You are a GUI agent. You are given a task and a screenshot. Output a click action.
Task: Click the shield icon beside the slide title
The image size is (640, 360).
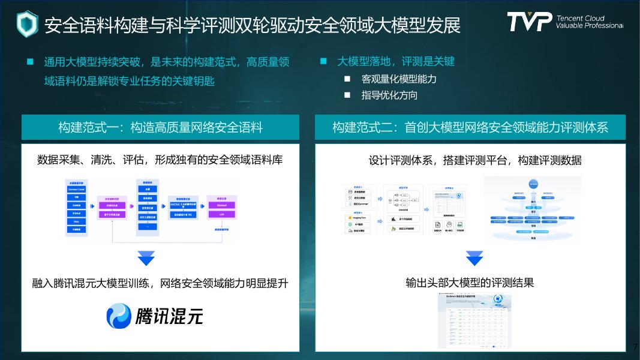[x=27, y=24]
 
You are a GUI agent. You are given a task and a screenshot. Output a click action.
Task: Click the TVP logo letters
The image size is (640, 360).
[x=528, y=22]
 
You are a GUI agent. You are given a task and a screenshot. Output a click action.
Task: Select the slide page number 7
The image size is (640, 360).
[x=635, y=347]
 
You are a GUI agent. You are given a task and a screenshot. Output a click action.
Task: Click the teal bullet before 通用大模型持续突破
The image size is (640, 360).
[x=30, y=62]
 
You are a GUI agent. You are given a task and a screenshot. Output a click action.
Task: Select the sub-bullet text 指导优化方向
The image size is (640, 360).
[x=389, y=95]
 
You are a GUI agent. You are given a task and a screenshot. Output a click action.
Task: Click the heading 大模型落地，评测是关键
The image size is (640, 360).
[x=396, y=62]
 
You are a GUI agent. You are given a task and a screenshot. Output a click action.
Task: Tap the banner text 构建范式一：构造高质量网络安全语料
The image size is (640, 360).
[x=160, y=127]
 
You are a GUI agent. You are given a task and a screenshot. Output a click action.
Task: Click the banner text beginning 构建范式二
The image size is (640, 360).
[x=470, y=127]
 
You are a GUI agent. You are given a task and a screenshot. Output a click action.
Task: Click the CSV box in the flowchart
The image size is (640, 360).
[x=222, y=214]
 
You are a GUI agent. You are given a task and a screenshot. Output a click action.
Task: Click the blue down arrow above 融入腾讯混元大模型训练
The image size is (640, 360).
[x=146, y=258]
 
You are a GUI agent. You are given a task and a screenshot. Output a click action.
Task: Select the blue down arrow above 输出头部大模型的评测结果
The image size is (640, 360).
[x=474, y=258]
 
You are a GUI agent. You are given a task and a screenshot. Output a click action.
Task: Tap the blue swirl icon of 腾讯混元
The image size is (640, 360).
[x=119, y=316]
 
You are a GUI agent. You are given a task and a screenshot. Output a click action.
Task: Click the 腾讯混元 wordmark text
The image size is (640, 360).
[x=169, y=316]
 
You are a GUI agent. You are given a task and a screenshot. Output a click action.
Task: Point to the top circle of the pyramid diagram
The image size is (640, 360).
[x=533, y=184]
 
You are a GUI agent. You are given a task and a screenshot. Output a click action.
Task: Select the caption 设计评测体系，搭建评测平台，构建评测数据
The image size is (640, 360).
[x=474, y=160]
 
